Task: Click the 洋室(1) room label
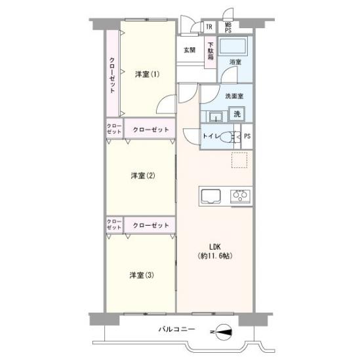[x=147, y=73]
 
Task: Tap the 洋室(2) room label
[x=142, y=175]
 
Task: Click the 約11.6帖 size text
[x=215, y=256]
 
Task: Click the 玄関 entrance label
[x=190, y=50]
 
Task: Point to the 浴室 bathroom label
[x=235, y=62]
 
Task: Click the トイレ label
[x=210, y=136]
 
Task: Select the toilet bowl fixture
[x=228, y=137]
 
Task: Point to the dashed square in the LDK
[x=239, y=160]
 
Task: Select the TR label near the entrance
[x=209, y=27]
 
